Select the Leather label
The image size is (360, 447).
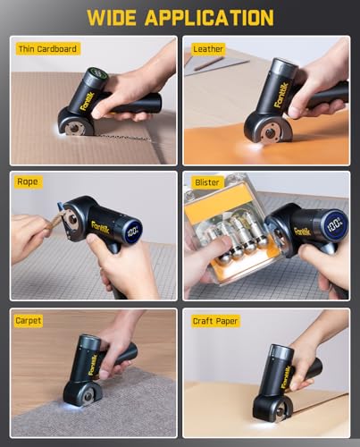coord(208,48)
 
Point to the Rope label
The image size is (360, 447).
coord(27,181)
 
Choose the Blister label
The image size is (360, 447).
coord(207,181)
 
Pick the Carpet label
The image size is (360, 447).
coord(29,319)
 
